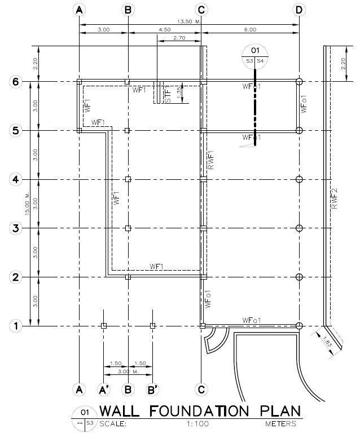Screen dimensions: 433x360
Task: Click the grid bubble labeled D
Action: pos(299,10)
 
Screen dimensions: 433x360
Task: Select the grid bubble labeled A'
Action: pos(104,389)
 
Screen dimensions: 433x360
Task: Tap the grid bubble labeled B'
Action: pos(152,389)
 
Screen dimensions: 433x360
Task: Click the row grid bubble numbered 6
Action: pos(17,82)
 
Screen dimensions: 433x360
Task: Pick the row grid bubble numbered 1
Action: pos(17,326)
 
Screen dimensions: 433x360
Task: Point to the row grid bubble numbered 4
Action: pos(17,179)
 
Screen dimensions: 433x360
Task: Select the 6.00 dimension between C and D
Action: pos(250,29)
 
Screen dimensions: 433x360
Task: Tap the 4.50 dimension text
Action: pos(165,29)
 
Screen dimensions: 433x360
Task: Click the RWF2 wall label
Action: pos(333,198)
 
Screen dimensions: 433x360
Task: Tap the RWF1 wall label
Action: pos(210,161)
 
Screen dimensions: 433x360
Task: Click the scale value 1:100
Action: pos(196,422)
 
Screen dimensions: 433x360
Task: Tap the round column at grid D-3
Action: pos(299,228)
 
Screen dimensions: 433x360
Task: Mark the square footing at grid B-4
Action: pos(128,179)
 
